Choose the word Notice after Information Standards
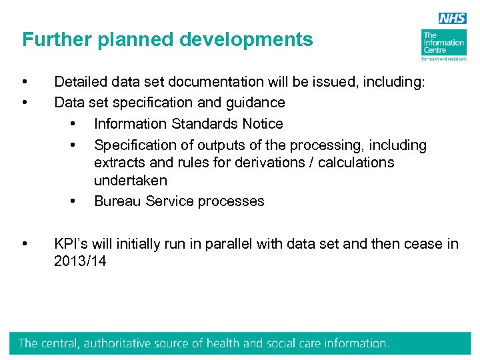click(x=260, y=124)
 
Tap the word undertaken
click(x=131, y=181)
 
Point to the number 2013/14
click(x=80, y=261)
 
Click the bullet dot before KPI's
click(x=25, y=244)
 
